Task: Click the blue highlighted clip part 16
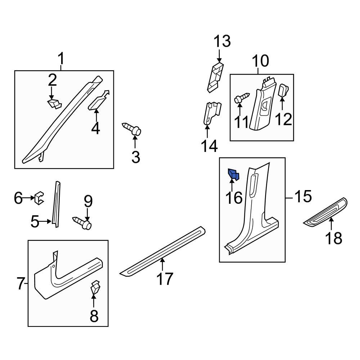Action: click(233, 175)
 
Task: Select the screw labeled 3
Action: click(133, 129)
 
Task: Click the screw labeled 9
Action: click(84, 222)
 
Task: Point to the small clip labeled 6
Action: click(39, 198)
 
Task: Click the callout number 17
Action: click(165, 279)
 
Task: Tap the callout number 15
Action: click(303, 197)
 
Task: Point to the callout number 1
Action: click(61, 58)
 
